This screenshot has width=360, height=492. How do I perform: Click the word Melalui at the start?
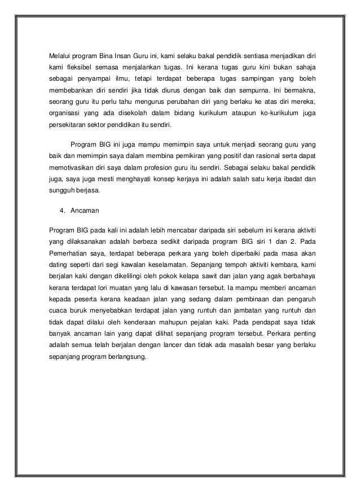tap(59, 56)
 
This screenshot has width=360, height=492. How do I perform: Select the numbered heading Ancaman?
tap(84, 212)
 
